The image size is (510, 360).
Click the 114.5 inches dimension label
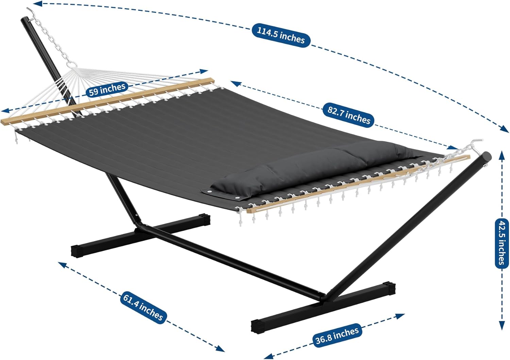pyautogui.click(x=281, y=35)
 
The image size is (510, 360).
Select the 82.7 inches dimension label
pyautogui.click(x=349, y=115)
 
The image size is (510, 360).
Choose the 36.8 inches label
pyautogui.click(x=337, y=336)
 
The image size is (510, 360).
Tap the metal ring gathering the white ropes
pyautogui.click(x=72, y=65)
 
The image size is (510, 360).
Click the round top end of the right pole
pyautogui.click(x=486, y=157)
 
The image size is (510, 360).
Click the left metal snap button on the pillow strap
pyautogui.click(x=209, y=192)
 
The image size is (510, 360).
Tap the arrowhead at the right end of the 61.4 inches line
pyautogui.click(x=220, y=349)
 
